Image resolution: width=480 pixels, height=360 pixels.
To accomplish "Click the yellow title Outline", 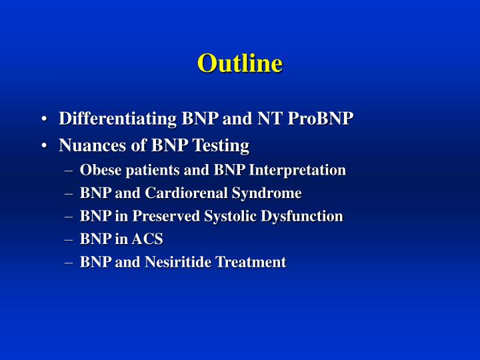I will click(x=239, y=63).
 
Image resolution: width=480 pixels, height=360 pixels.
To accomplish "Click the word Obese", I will click(x=97, y=170).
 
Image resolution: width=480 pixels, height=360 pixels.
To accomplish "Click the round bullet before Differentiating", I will click(x=43, y=120).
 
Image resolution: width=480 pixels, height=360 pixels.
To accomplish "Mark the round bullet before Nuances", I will click(x=43, y=145).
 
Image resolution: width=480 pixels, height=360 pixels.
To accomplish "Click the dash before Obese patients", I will click(x=70, y=171).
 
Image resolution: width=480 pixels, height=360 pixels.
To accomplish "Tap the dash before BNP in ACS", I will click(x=70, y=239).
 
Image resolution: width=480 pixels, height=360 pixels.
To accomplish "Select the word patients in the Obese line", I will click(x=143, y=170).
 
